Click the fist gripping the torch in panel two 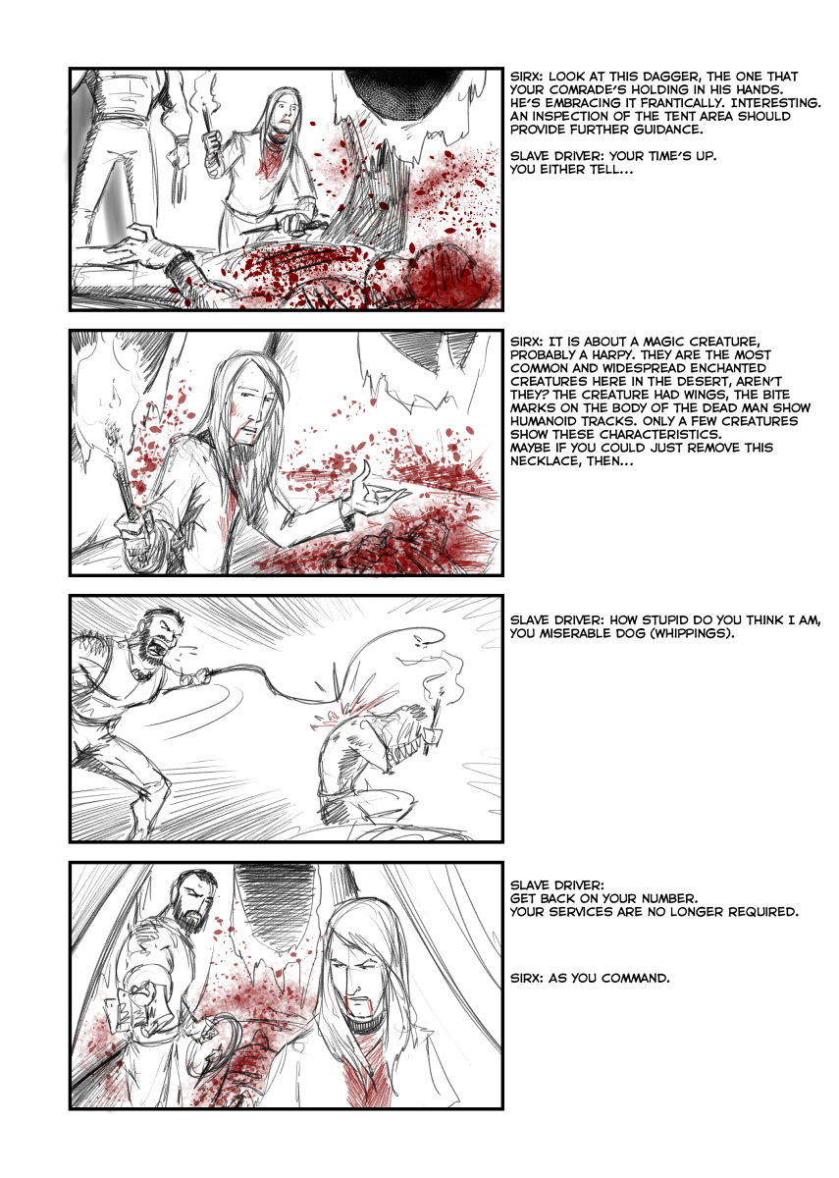[134, 532]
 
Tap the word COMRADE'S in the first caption [590, 90]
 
